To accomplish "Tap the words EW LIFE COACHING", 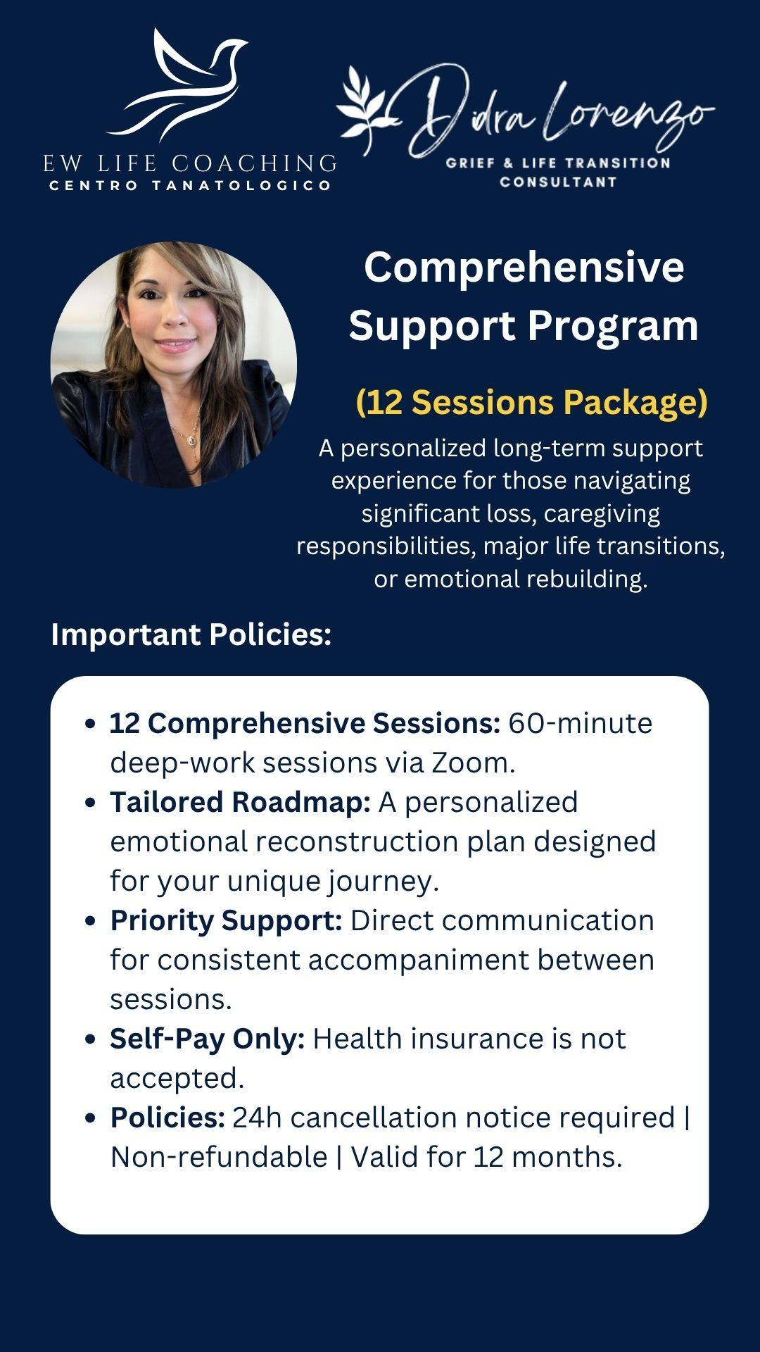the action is point(190,163).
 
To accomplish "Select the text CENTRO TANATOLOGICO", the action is point(190,186).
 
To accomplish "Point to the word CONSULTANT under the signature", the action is point(558,182).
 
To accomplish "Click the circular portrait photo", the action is point(174,365).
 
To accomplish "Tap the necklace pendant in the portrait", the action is point(192,439).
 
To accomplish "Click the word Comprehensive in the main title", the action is point(524,267).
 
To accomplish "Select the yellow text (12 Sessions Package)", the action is point(531,402).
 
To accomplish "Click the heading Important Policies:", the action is point(191,634).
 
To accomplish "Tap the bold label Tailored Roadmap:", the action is point(240,802).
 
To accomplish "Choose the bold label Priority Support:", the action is point(226,921).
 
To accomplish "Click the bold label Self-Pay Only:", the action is point(208,1039).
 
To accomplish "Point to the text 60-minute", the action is point(581,723).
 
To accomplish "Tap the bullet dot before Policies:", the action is point(89,1118).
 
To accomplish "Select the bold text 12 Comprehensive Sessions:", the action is point(305,723).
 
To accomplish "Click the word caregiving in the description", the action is point(602,513).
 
